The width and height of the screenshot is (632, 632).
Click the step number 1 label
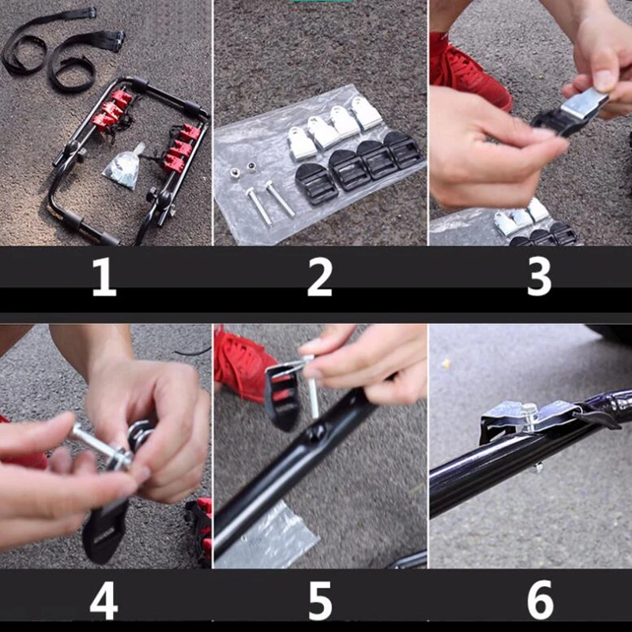coord(104,277)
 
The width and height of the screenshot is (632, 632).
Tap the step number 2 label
coord(320,277)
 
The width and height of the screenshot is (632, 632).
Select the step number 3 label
coord(540,277)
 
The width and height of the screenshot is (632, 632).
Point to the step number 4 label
coord(104,600)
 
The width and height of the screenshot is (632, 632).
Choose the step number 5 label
coord(321,600)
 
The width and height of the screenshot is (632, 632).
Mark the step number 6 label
coord(540,600)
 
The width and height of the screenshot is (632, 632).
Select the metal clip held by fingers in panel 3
coord(584,104)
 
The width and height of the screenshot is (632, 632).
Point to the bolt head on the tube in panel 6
coord(529,416)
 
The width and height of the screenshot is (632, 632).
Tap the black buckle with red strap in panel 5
coord(282,397)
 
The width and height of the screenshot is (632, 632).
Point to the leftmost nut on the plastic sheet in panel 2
coord(235,172)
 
